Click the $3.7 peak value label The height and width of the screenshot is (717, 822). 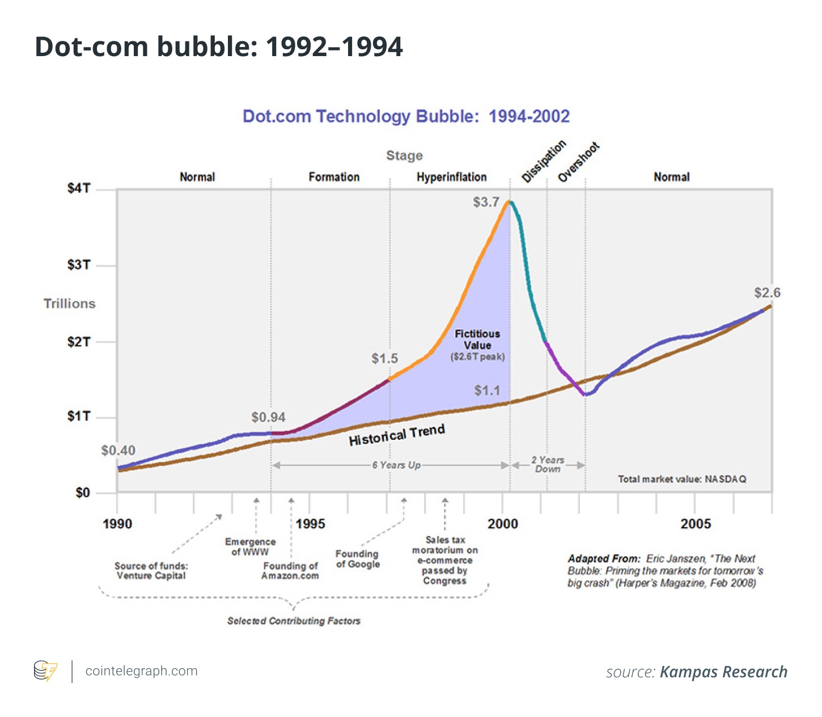pos(486,202)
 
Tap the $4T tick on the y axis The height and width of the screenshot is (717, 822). pos(79,189)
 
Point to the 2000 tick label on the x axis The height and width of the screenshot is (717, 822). pos(503,524)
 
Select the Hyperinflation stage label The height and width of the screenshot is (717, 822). pos(451,177)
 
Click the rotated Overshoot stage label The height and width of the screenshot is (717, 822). pos(578,163)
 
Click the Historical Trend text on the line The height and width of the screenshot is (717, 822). pos(396,435)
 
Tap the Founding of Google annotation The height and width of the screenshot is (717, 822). pos(357,559)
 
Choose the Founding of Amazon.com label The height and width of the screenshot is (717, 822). pos(290,571)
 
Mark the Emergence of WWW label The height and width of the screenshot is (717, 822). pos(250,547)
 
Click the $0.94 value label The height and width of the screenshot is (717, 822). pos(268,418)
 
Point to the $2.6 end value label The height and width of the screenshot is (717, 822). pos(766,293)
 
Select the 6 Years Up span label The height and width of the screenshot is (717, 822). pos(396,465)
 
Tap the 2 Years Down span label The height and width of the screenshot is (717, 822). pos(548,465)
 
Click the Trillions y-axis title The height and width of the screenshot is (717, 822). pos(70,304)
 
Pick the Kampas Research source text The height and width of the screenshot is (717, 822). pos(723,672)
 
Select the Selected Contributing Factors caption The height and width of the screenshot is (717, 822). pos(294,621)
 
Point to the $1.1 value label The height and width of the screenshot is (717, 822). pos(487,391)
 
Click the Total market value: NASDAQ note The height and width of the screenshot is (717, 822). pos(681,480)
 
